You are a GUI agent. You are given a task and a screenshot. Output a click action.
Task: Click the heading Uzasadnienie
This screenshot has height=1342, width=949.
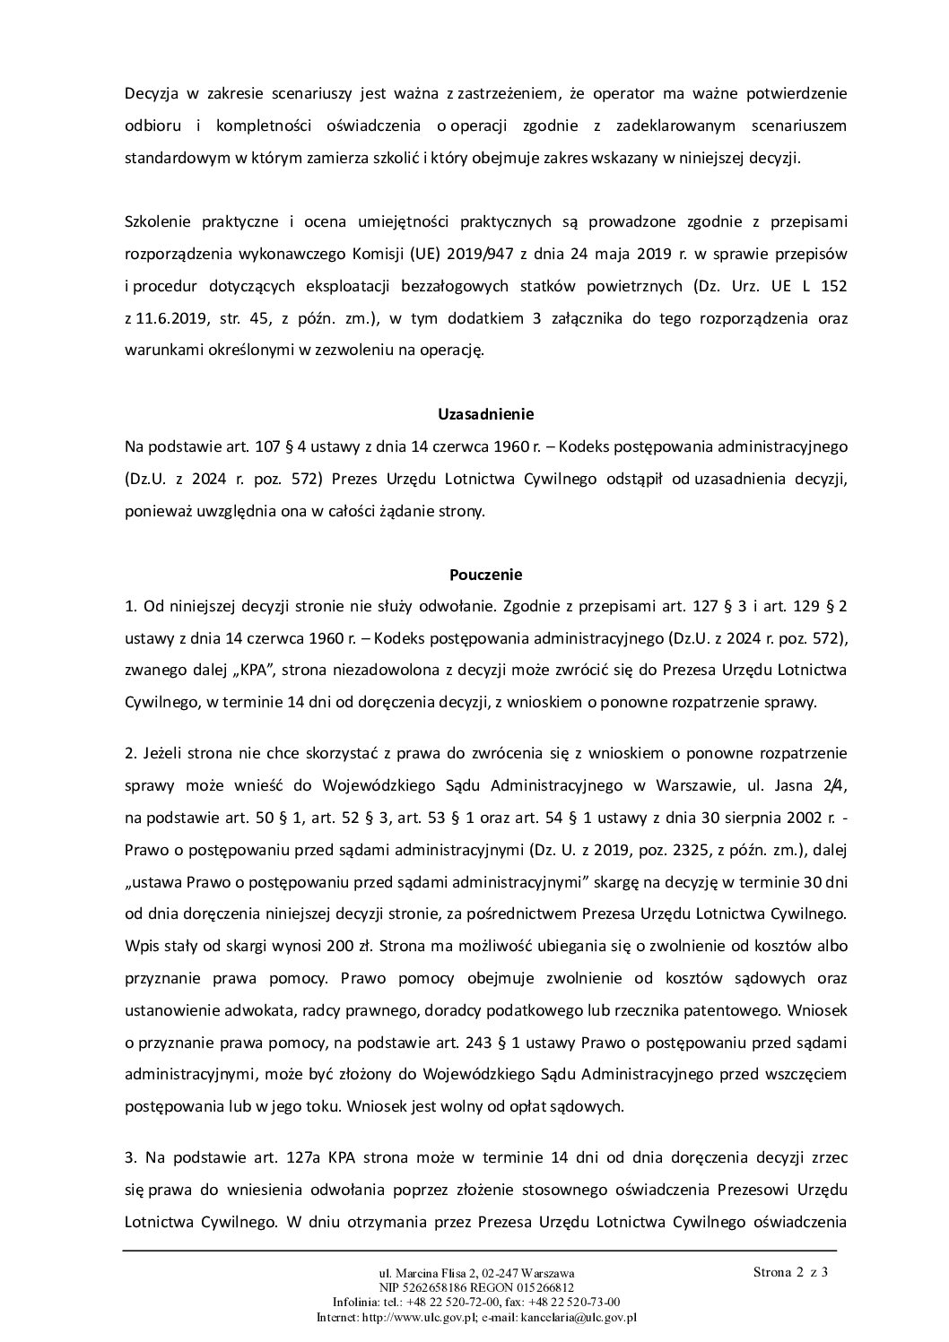pyautogui.click(x=485, y=414)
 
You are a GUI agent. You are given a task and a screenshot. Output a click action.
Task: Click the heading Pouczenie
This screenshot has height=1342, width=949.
pyautogui.click(x=485, y=574)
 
